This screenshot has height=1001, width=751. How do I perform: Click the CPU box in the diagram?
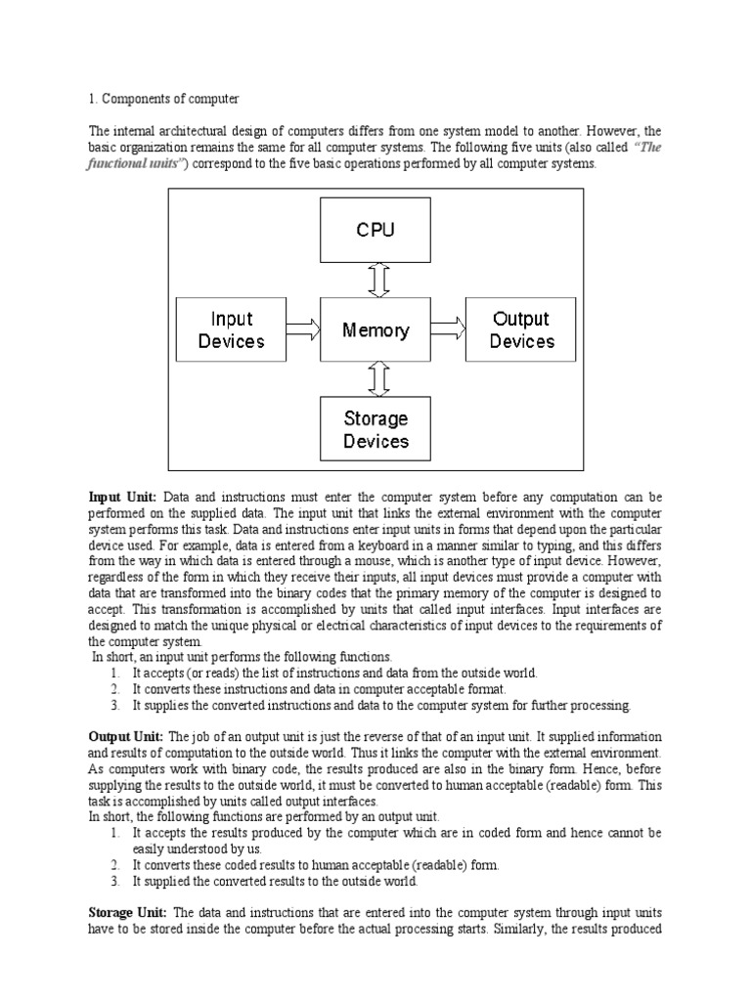coord(375,231)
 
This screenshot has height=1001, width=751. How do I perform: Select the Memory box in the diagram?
coord(375,330)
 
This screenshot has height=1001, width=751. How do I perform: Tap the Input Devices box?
coord(232,330)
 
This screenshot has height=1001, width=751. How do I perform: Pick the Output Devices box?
coord(521,330)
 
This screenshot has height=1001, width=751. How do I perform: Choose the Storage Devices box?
coord(375,430)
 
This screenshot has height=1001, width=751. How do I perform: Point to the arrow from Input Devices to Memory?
coord(305,330)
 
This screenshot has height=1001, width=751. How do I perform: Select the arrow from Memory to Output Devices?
coord(448,330)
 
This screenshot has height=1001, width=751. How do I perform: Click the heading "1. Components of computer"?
coord(163,100)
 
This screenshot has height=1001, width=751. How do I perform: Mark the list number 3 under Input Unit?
coord(114,705)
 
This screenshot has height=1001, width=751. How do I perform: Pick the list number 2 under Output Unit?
coord(114,865)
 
